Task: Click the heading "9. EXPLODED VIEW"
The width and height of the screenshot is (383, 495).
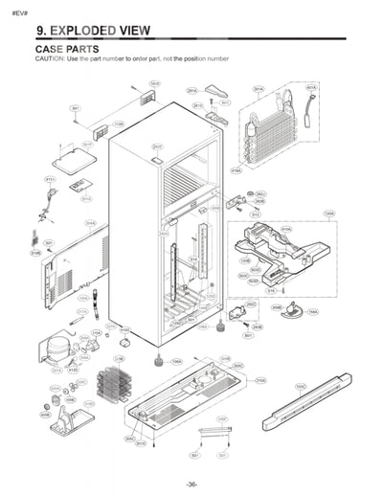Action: coord(92,30)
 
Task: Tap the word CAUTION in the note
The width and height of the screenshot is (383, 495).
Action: coord(51,59)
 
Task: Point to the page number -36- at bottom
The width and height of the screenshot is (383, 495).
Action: coord(191,484)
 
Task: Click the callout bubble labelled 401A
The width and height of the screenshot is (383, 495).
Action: coord(311,87)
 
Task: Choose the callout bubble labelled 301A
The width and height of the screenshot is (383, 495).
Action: coord(259,89)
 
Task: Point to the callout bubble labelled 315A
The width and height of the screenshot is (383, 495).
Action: coord(260,380)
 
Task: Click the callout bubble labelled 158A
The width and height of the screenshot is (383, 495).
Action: coord(312,325)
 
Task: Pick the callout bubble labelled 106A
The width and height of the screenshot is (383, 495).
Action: coord(176,362)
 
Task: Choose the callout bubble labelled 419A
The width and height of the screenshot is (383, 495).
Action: coord(236,170)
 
